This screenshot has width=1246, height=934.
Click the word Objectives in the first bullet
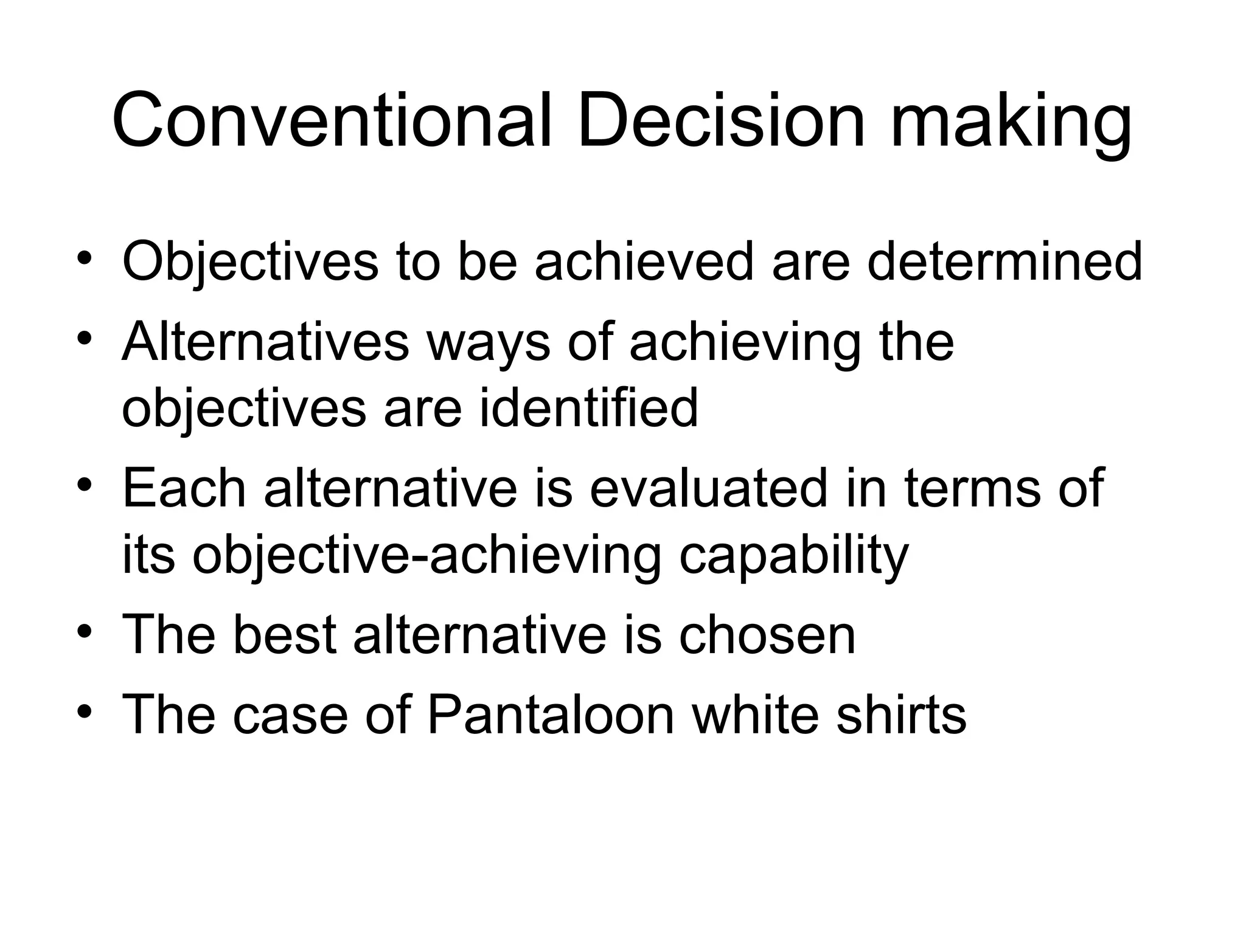click(250, 263)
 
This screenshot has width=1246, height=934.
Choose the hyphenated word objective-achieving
click(426, 556)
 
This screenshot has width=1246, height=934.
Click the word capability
click(793, 556)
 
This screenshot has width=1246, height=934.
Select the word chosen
click(767, 635)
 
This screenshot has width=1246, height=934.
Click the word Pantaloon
click(550, 714)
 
